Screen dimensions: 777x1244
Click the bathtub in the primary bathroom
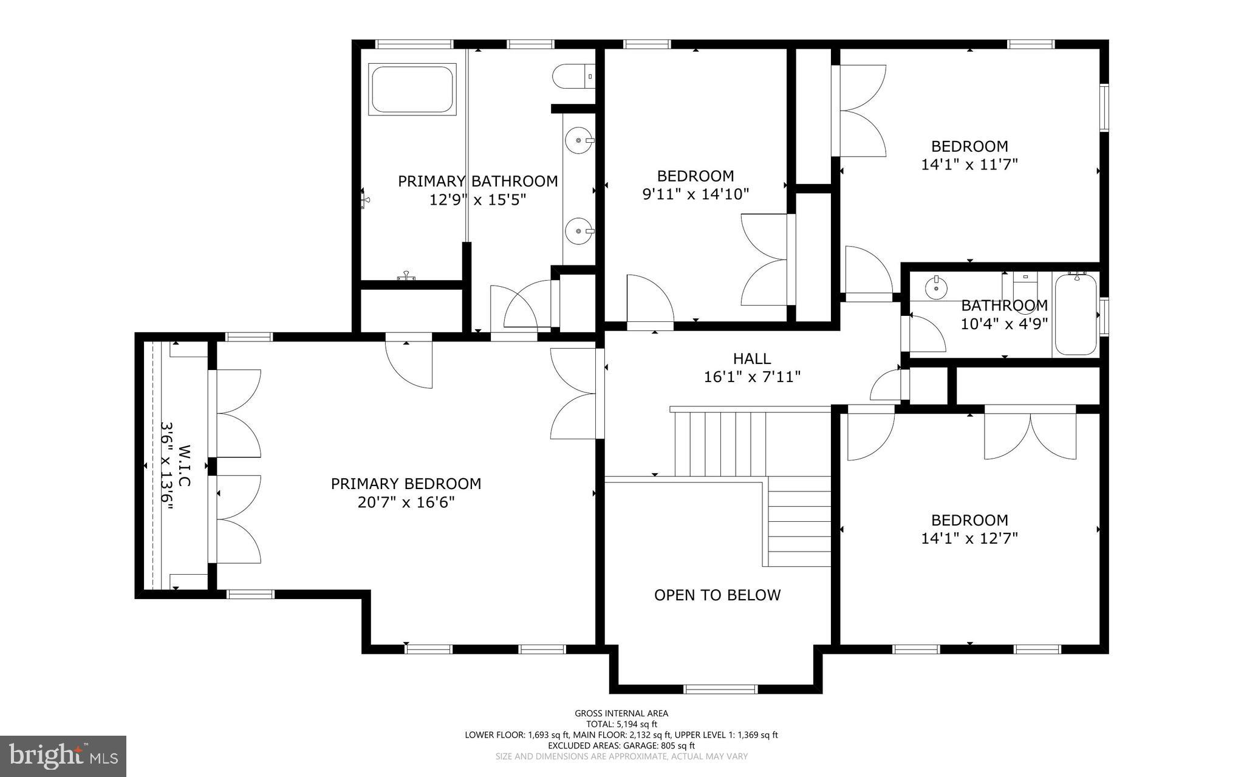pyautogui.click(x=412, y=89)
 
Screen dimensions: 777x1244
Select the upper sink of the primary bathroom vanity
pyautogui.click(x=578, y=141)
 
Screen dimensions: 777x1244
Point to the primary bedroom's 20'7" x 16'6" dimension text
pyautogui.click(x=406, y=502)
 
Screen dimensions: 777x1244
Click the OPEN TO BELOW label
pyautogui.click(x=717, y=595)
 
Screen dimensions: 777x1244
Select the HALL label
pyautogui.click(x=752, y=358)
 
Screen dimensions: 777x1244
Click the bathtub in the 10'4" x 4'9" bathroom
pyautogui.click(x=1076, y=315)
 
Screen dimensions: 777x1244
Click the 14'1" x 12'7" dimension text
pyautogui.click(x=969, y=538)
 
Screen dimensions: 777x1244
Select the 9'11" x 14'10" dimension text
pyautogui.click(x=695, y=194)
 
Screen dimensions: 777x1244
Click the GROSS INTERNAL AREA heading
pyautogui.click(x=621, y=713)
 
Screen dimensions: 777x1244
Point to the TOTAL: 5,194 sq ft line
pyautogui.click(x=621, y=724)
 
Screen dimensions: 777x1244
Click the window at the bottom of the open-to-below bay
pyautogui.click(x=720, y=688)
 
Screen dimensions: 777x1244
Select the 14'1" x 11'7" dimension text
pyautogui.click(x=969, y=164)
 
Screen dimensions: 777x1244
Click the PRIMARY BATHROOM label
pyautogui.click(x=477, y=181)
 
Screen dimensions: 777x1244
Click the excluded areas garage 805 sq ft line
pyautogui.click(x=621, y=745)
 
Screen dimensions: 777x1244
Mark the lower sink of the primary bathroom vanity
pyautogui.click(x=578, y=231)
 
